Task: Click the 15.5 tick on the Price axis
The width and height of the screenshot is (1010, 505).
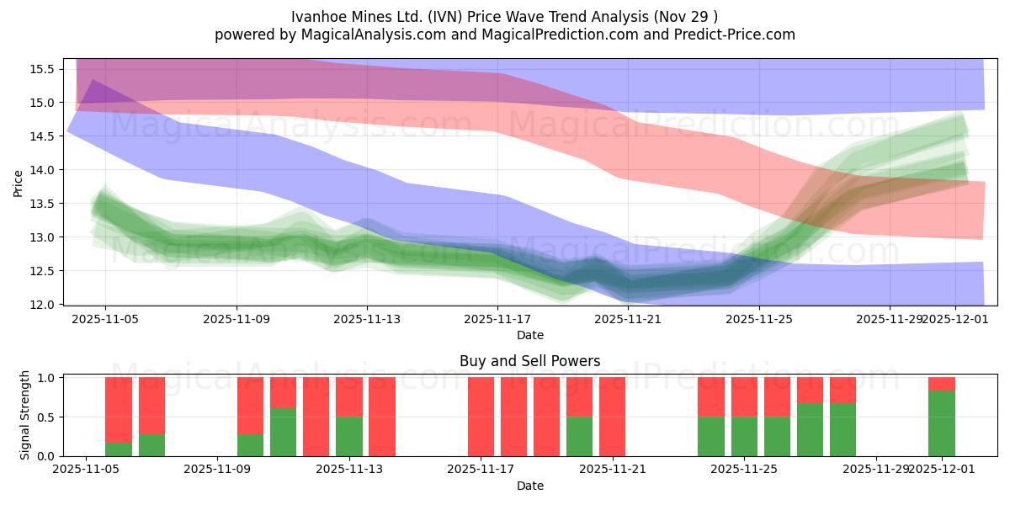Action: (42, 69)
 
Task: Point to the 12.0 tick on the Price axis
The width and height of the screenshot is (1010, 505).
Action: (42, 305)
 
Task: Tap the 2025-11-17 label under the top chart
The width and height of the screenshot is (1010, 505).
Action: (497, 319)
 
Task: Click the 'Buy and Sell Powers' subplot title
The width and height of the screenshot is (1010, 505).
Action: (529, 361)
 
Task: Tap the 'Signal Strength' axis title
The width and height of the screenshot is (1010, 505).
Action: (24, 415)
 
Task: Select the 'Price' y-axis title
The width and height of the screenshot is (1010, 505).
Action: (19, 182)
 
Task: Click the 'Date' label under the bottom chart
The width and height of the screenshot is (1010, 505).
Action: (529, 486)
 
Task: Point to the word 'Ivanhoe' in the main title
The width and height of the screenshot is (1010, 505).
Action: (316, 17)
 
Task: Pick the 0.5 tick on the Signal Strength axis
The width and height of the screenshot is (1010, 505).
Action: (46, 417)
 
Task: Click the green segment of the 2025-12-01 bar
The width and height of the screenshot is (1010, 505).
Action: (941, 423)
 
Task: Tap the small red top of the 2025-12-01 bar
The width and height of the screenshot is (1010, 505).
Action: (941, 384)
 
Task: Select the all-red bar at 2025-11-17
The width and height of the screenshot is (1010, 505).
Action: (481, 417)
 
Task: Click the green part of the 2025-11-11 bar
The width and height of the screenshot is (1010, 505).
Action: (283, 433)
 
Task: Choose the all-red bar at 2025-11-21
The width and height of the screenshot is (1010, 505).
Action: (612, 417)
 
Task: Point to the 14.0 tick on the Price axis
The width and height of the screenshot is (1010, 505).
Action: (42, 170)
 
